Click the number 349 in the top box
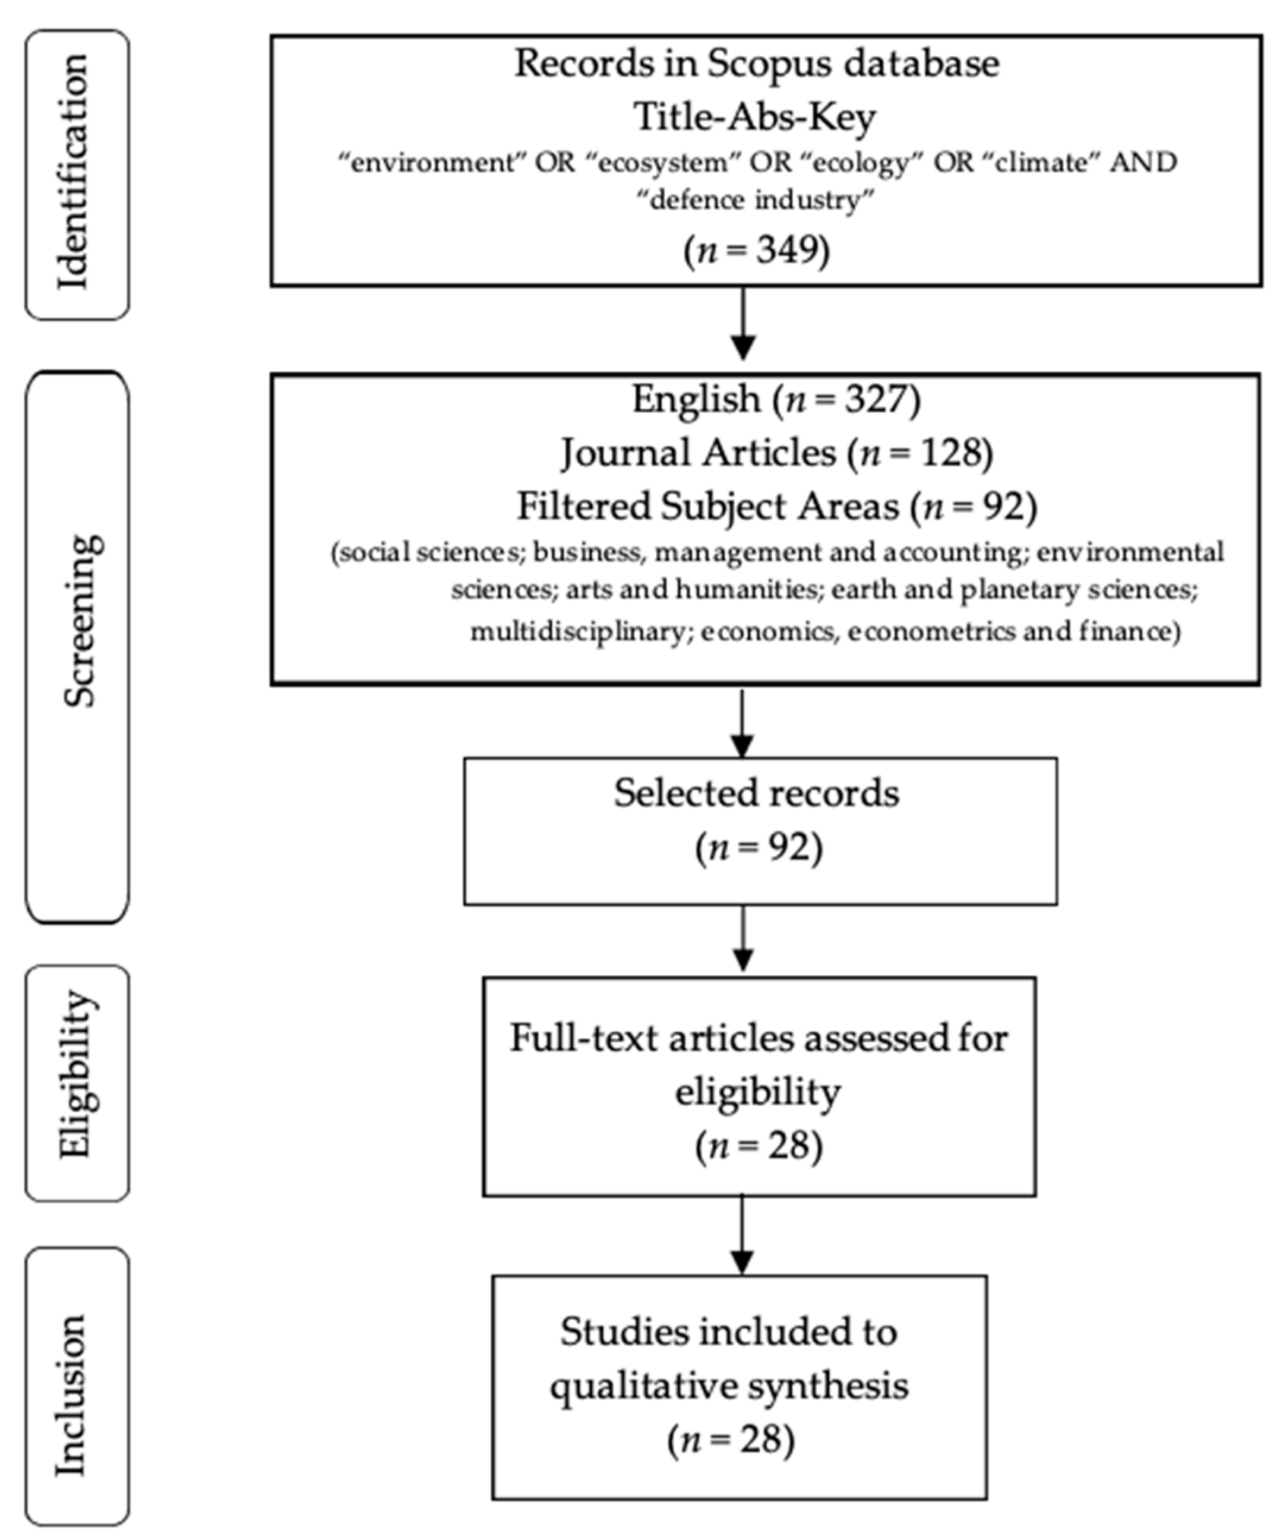pos(787,251)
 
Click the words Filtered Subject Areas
pos(708,506)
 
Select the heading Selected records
pos(756,793)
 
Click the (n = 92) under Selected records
pos(759,848)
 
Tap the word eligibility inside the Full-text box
pos(757,1092)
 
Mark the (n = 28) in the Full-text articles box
pos(759,1146)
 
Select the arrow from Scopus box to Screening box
pos(743,322)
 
